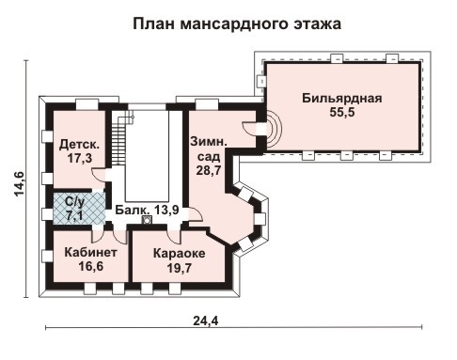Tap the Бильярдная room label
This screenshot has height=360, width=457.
pyautogui.click(x=341, y=97)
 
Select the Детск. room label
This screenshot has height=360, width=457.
pyautogui.click(x=79, y=145)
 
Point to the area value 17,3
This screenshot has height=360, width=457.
pyautogui.click(x=79, y=160)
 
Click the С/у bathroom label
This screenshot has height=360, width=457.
pyautogui.click(x=72, y=201)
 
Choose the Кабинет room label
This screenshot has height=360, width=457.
pyautogui.click(x=90, y=253)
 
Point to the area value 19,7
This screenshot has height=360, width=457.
pyautogui.click(x=179, y=270)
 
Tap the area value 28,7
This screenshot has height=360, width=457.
pyautogui.click(x=207, y=171)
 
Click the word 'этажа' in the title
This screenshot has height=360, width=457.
pyautogui.click(x=314, y=22)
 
